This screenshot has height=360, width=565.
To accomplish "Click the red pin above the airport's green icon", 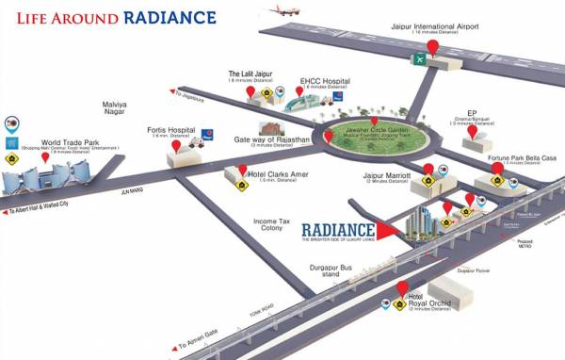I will pyautogui.click(x=432, y=46).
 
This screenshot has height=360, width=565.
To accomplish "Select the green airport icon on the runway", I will pyautogui.click(x=417, y=60).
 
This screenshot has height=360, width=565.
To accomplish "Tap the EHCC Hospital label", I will pyautogui.click(x=324, y=81).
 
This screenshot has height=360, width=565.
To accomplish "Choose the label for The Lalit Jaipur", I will pyautogui.click(x=250, y=74).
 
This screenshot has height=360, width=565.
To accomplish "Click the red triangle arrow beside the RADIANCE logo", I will pyautogui.click(x=387, y=228).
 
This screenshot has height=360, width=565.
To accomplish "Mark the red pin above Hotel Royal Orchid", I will pyautogui.click(x=402, y=287).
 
